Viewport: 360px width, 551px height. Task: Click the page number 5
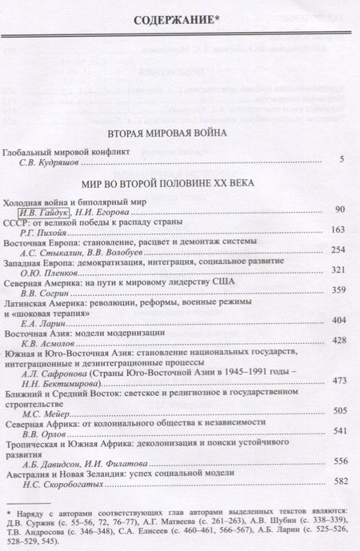[x=342, y=161]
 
